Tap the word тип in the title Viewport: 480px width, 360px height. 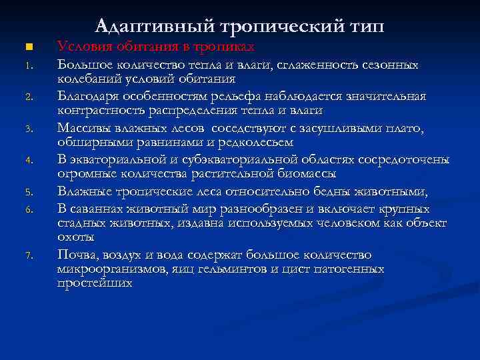(366, 26)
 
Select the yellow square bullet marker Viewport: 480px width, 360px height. (27, 47)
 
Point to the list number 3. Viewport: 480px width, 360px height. (27, 128)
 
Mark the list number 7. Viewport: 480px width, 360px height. (27, 255)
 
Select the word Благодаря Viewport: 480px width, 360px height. (89, 98)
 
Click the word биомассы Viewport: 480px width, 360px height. (307, 173)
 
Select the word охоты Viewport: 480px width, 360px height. (75, 237)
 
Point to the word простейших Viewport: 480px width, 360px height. (95, 283)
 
